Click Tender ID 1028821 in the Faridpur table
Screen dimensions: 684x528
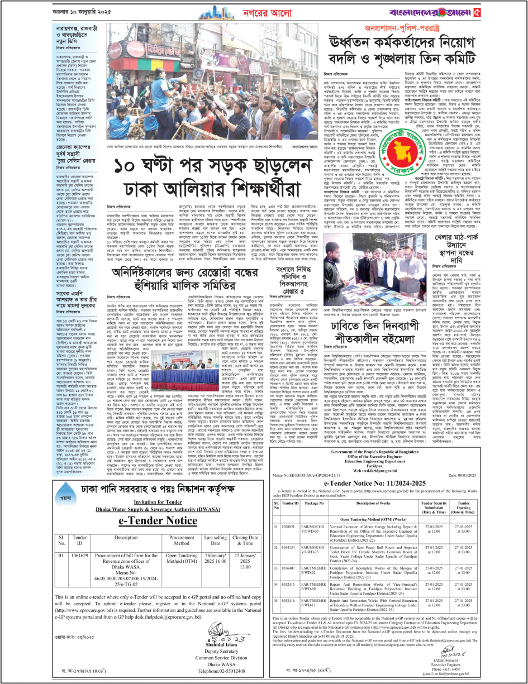click(290, 526)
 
